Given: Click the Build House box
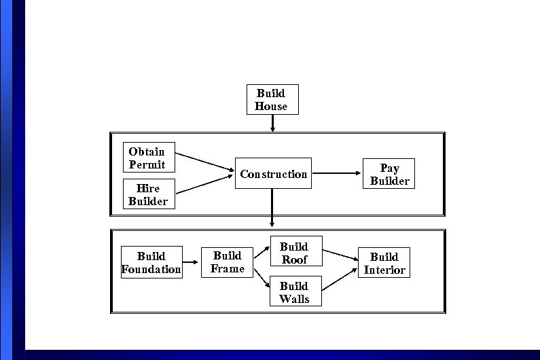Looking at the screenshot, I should pos(272,99).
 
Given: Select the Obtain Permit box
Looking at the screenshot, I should pos(148,158).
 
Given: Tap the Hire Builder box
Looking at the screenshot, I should pos(148,194).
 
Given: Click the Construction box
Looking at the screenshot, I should pos(273,174).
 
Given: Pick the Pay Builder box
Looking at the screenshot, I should pos(389,174).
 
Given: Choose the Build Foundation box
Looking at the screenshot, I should pos(151,262).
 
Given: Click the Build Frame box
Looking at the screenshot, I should pos(227,262).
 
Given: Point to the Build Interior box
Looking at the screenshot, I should pos(384,263).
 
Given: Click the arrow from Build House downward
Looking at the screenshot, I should pos(272,123).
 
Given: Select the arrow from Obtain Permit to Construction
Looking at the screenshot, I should pos(204,162).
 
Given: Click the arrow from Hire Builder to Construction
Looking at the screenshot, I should pos(204,185).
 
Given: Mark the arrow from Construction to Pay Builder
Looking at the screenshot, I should pos(336,173).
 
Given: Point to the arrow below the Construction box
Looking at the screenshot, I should pos(272,207).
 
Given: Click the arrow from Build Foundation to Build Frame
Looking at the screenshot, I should pos(191,262).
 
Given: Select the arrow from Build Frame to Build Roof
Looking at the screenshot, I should pos(262,254).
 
